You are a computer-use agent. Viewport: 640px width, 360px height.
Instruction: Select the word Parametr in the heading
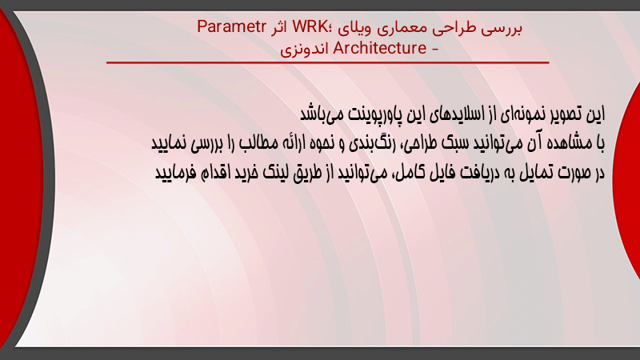point(231,27)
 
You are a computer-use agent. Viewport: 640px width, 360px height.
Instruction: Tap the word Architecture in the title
point(380,48)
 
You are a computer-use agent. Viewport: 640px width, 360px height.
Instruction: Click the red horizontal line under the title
point(328,62)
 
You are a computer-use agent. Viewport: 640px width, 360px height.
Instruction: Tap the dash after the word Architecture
point(434,49)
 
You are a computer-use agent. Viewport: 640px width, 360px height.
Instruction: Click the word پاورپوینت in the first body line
point(374,114)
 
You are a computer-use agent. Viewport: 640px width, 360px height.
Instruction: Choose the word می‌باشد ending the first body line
point(322,114)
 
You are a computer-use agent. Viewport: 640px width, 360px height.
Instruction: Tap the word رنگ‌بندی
point(370,143)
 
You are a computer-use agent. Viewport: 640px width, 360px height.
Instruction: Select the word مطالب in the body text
point(258,143)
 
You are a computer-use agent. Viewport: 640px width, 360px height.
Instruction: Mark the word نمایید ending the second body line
point(169,143)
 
